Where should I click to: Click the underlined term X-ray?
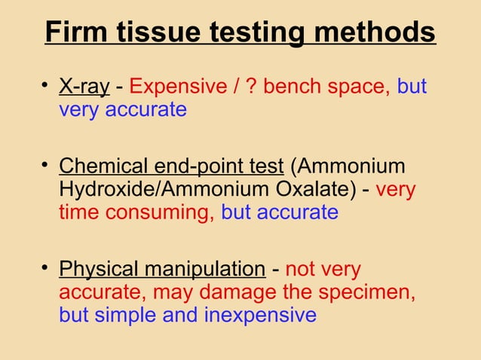84,87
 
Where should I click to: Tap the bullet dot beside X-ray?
46,87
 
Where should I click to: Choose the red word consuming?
160,212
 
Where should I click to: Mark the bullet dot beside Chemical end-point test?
46,165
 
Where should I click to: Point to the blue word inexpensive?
260,315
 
